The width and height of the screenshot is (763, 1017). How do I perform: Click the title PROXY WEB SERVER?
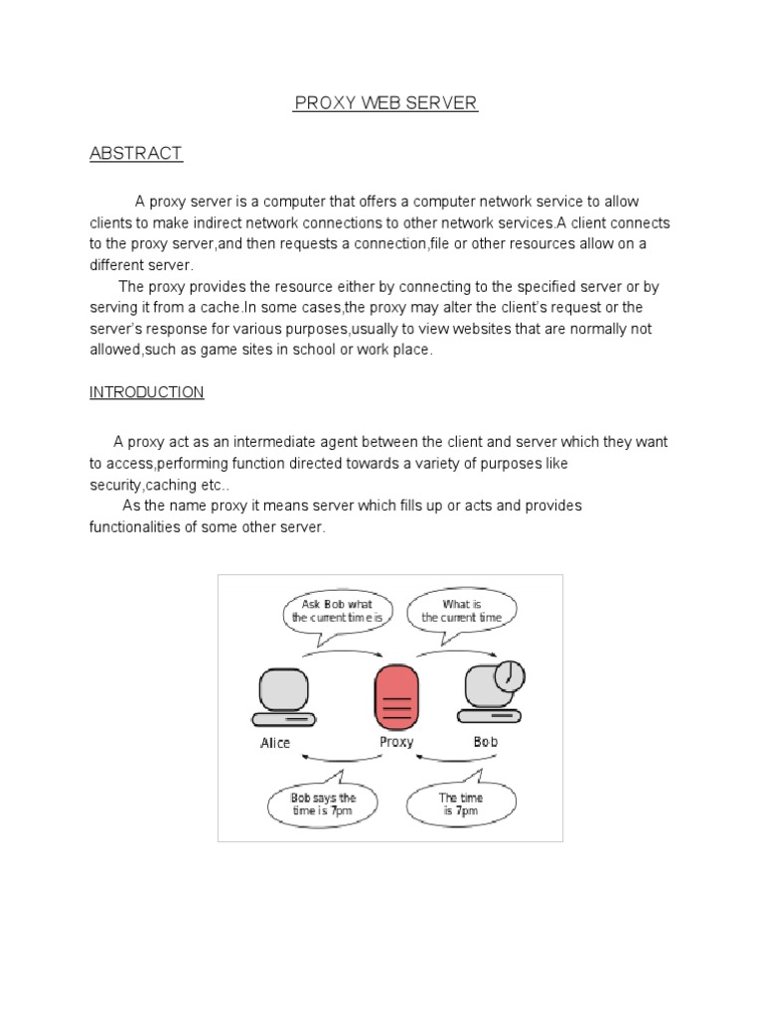tap(385, 104)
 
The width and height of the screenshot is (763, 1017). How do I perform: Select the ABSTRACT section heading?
tap(136, 153)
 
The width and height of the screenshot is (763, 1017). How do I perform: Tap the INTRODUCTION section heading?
tap(146, 392)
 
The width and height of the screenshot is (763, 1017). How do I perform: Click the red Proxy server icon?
tap(395, 698)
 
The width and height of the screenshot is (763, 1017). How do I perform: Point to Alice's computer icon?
tap(283, 696)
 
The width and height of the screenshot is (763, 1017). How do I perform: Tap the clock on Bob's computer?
tap(509, 675)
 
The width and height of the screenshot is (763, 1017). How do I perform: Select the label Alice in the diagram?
tap(275, 743)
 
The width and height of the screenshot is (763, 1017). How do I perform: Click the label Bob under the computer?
tap(486, 742)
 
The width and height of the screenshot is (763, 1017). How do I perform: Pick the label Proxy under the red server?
tap(396, 742)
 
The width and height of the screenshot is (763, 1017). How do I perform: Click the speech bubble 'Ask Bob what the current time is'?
tap(337, 611)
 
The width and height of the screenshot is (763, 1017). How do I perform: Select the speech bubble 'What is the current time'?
tap(462, 611)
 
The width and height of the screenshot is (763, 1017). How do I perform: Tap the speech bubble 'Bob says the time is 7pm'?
tap(323, 803)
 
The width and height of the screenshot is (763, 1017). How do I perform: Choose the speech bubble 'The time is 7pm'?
tap(461, 803)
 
